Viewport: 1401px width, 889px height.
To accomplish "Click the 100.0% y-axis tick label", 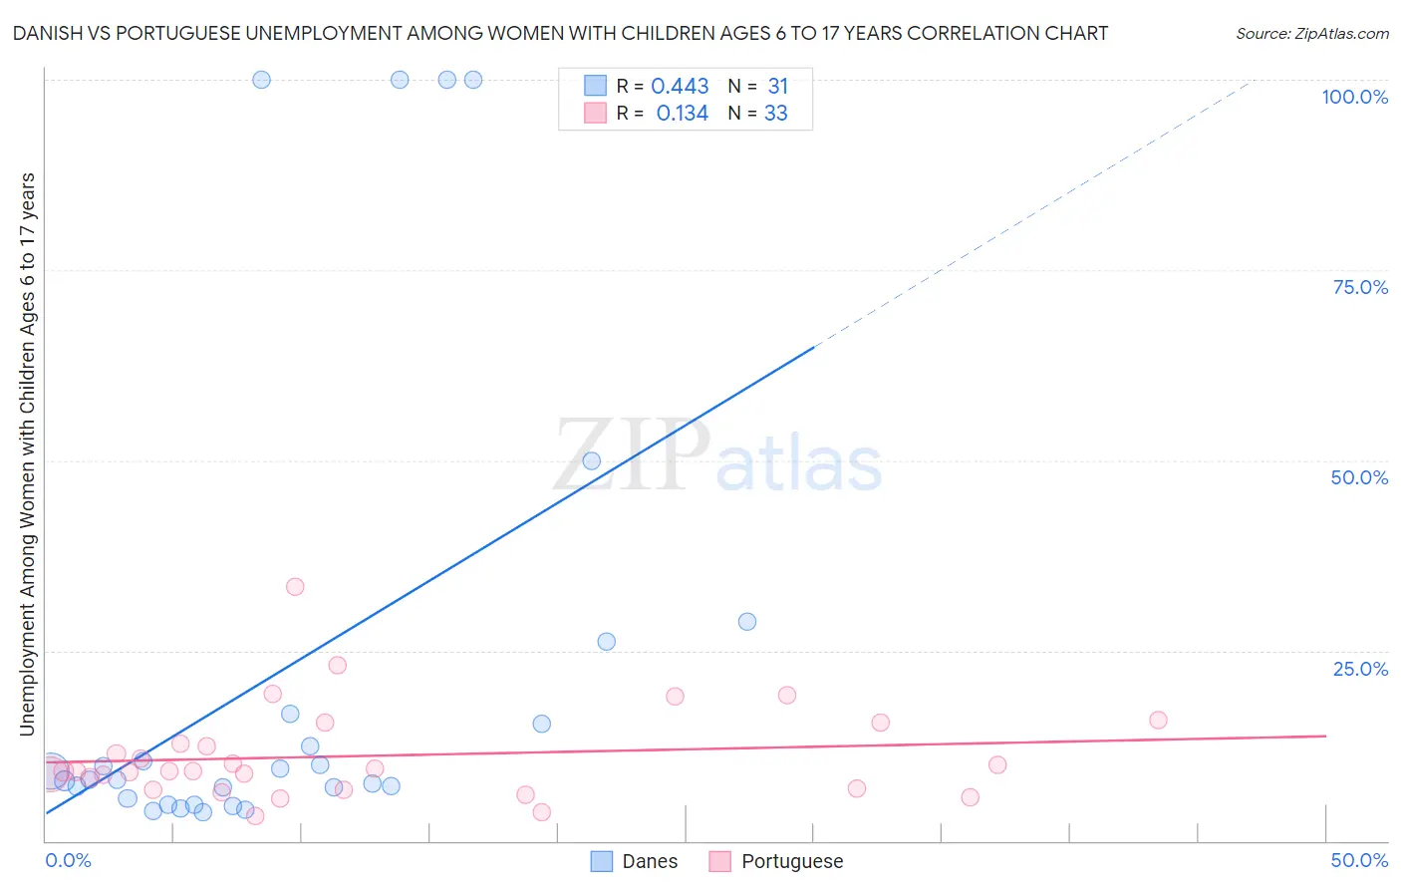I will click(x=1354, y=97).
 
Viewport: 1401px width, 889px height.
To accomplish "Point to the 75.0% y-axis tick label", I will click(x=1360, y=287).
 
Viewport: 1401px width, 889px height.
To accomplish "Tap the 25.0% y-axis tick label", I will click(x=1360, y=668).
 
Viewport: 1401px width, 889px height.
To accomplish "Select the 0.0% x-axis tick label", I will click(x=68, y=860).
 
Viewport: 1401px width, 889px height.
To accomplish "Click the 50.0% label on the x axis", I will click(x=1359, y=860).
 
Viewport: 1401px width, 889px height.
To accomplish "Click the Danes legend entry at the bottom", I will click(x=649, y=861).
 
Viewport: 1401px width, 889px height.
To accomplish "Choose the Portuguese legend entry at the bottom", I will click(x=791, y=861).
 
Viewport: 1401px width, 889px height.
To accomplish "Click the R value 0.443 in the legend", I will click(x=680, y=87).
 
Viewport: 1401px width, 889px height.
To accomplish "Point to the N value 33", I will click(x=775, y=114).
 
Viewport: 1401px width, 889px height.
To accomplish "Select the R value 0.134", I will click(x=682, y=114).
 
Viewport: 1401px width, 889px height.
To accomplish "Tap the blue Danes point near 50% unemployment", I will click(x=592, y=460).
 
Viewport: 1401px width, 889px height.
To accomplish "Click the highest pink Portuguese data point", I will click(x=295, y=586).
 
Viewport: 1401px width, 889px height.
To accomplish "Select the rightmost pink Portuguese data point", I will click(x=1158, y=720).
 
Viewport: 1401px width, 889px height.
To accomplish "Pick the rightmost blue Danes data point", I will click(x=747, y=621).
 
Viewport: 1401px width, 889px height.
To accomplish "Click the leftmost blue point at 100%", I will click(x=261, y=80).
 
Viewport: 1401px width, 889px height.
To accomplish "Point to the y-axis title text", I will click(x=27, y=453).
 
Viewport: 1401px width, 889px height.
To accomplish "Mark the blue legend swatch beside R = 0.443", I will click(x=595, y=86).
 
